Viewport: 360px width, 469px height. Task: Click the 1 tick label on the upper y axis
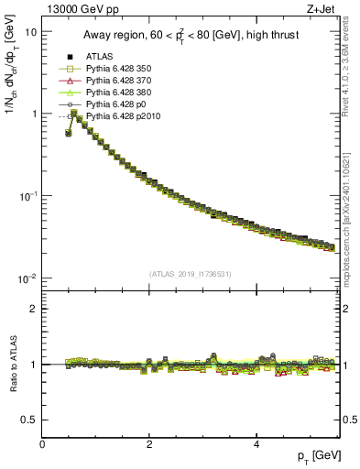[x=33, y=114]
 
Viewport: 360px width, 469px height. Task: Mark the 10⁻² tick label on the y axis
[x=27, y=278]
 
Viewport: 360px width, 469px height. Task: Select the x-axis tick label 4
[x=256, y=444]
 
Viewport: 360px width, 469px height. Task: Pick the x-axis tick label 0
[x=43, y=444]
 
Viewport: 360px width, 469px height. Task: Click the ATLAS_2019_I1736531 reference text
[x=191, y=274]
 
